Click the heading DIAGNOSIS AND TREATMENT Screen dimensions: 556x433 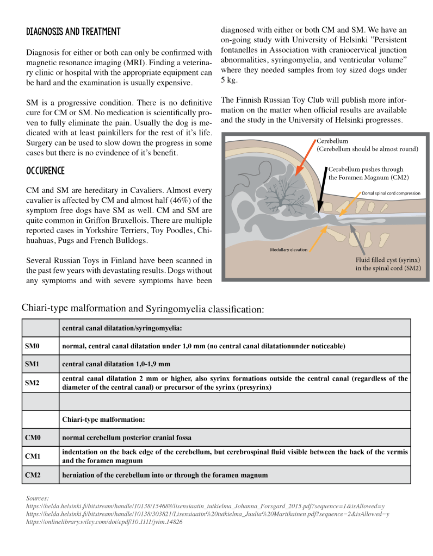tap(73, 32)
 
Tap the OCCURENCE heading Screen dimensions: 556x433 tap(45, 171)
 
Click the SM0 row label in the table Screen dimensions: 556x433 tap(33, 346)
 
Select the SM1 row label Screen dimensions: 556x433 tap(33, 364)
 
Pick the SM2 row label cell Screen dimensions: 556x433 tap(33, 383)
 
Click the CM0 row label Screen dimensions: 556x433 tap(33, 438)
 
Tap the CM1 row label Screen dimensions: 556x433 tap(33, 457)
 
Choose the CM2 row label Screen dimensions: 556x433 tap(33, 475)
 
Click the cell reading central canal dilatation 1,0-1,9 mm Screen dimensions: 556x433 tap(116, 364)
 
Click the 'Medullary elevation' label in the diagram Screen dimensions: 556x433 tap(289, 250)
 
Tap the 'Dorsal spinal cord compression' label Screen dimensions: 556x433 tap(391, 193)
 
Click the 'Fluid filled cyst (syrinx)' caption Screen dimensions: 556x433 tap(381, 260)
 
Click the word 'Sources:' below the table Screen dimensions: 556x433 tap(38, 498)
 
